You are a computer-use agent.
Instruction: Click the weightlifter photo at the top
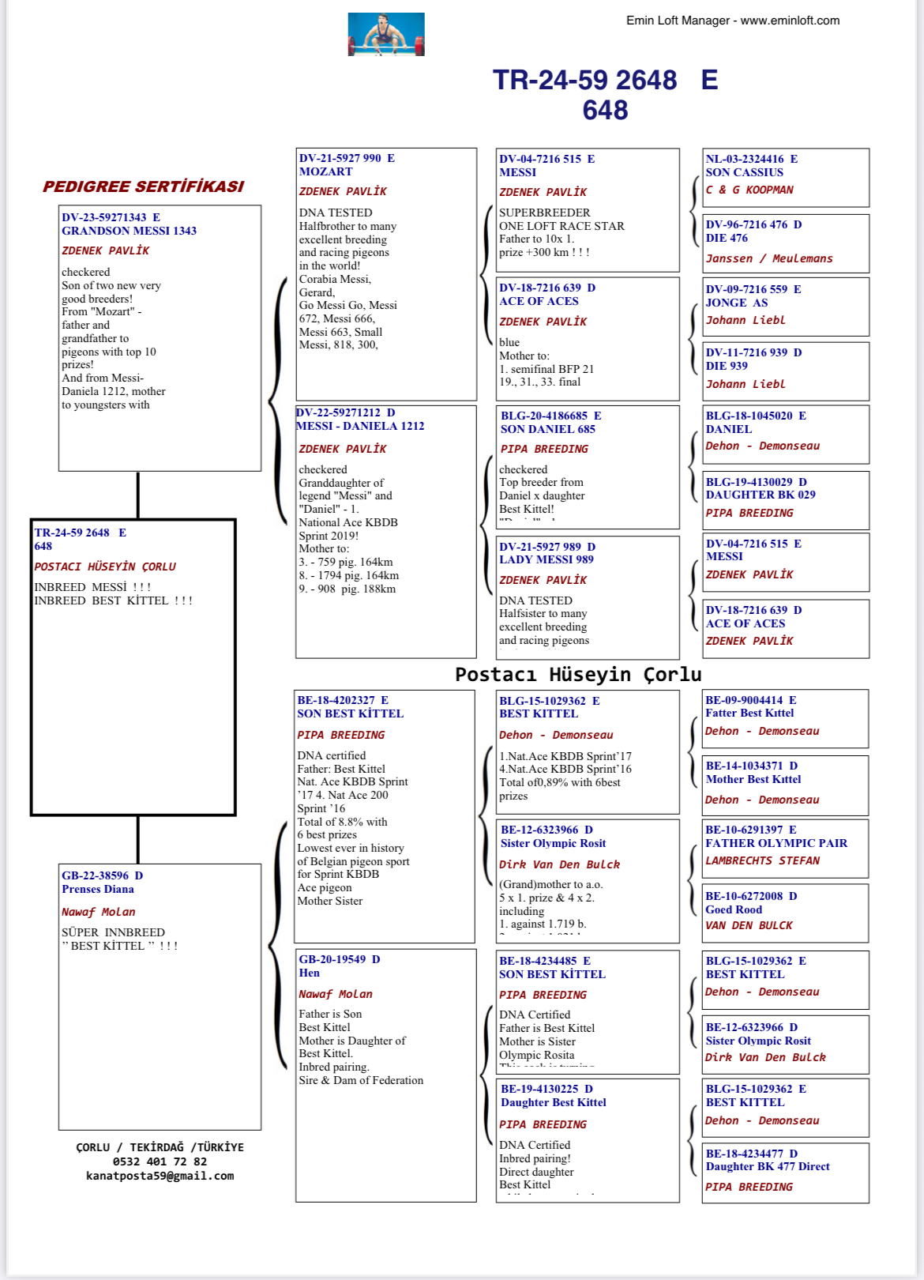[x=386, y=34]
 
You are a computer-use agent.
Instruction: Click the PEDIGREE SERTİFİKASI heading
[x=143, y=186]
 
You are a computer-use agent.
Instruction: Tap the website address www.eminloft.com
[x=790, y=21]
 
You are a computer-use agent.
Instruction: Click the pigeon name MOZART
[x=326, y=171]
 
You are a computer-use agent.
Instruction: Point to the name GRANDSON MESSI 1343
[x=129, y=231]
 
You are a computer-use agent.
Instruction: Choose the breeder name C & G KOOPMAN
[x=749, y=190]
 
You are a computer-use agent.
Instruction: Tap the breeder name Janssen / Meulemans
[x=768, y=258]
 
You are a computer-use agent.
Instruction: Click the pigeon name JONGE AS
[x=737, y=303]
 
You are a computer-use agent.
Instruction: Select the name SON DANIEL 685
[x=547, y=429]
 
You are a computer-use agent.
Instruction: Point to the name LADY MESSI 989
[x=546, y=559]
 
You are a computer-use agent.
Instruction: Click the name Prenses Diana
[x=98, y=889]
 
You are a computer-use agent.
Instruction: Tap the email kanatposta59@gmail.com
[x=160, y=1176]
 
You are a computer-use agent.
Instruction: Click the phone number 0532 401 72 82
[x=160, y=1161]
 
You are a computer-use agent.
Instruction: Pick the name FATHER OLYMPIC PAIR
[x=776, y=843]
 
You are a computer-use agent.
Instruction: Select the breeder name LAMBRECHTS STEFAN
[x=762, y=860]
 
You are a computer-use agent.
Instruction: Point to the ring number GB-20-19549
[x=332, y=959]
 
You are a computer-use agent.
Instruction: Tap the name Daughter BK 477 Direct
[x=768, y=1166]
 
